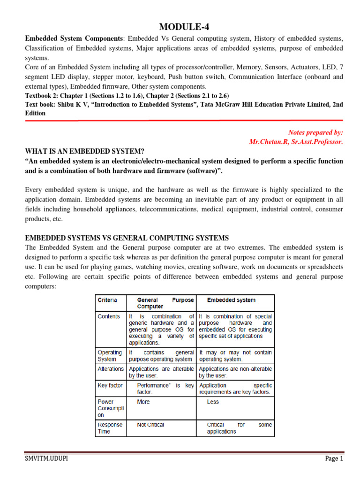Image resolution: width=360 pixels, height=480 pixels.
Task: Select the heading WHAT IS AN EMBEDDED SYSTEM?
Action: [85, 150]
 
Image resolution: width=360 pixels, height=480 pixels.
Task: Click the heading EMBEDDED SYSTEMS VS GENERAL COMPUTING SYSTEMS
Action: [127, 238]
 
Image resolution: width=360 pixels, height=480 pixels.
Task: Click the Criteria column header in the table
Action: [107, 300]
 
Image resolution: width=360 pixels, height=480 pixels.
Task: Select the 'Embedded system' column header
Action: [232, 300]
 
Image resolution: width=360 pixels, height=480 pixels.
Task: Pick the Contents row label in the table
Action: [109, 316]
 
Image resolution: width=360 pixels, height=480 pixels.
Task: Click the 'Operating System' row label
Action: [110, 356]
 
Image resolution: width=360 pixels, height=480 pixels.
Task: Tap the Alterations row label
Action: [111, 369]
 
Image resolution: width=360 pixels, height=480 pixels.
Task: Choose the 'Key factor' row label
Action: [110, 385]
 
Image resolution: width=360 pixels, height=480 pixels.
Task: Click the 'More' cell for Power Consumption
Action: [143, 402]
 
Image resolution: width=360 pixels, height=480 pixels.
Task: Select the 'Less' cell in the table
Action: [212, 402]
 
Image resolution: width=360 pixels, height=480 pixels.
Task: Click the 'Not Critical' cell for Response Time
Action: [150, 425]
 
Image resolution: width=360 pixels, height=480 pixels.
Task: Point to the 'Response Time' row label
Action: [110, 428]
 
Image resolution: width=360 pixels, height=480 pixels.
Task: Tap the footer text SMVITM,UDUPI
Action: [47, 459]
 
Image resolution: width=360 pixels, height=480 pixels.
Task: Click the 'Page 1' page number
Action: [334, 459]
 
